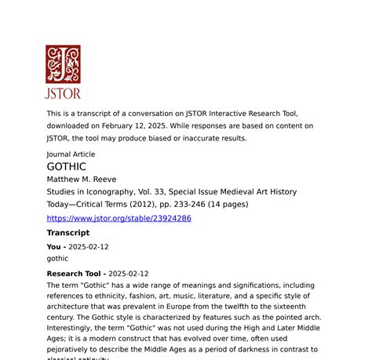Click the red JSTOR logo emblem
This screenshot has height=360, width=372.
click(63, 64)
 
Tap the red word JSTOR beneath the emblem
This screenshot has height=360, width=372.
click(63, 93)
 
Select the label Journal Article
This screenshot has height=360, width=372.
click(71, 155)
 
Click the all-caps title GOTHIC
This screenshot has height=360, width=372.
click(67, 167)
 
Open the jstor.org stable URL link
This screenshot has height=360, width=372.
click(119, 218)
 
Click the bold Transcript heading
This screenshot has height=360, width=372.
click(68, 233)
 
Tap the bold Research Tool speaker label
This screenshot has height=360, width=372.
click(75, 274)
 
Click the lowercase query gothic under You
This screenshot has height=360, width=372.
click(58, 258)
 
